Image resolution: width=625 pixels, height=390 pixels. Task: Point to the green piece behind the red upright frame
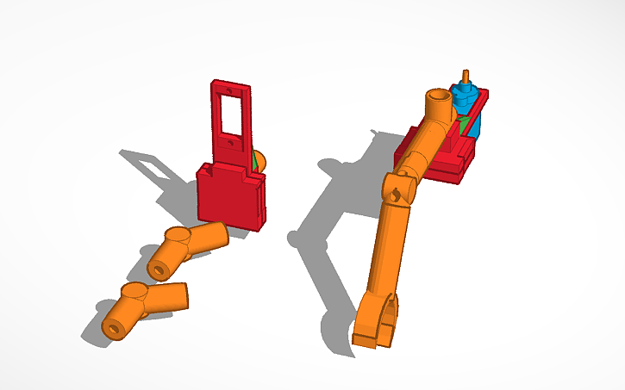(259, 160)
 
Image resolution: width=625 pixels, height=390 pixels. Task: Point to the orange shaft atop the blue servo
(466, 77)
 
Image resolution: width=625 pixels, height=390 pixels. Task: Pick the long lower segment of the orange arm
(387, 250)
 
